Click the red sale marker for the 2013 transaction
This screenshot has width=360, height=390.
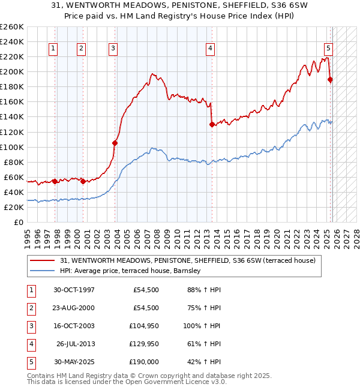(212, 124)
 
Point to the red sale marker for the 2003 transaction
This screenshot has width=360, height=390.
(115, 143)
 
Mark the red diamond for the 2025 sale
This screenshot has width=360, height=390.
(330, 79)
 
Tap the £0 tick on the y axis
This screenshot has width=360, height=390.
(18, 222)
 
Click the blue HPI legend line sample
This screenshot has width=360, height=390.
(43, 271)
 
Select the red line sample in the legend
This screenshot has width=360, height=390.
(43, 260)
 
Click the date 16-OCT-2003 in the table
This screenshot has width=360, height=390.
(74, 326)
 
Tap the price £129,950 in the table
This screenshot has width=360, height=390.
(144, 344)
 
